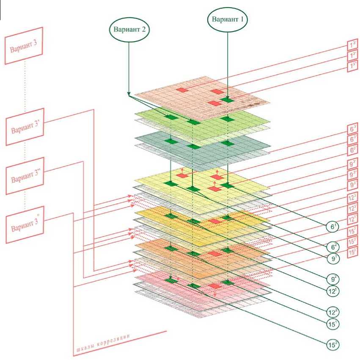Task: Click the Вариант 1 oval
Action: click(228, 19)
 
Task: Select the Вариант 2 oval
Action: click(130, 30)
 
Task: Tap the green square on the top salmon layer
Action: click(228, 100)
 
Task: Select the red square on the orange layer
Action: click(215, 253)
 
